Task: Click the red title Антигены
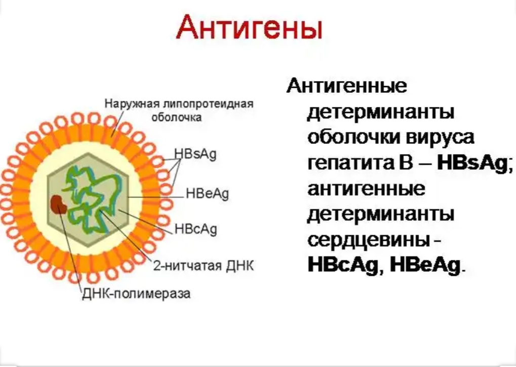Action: click(x=249, y=28)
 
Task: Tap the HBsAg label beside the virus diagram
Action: click(x=195, y=154)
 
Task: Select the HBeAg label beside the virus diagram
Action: click(x=207, y=193)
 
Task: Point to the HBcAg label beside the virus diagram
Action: click(x=196, y=229)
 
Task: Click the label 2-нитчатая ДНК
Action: click(x=204, y=266)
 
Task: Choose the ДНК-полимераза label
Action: click(x=136, y=293)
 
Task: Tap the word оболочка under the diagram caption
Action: click(x=176, y=117)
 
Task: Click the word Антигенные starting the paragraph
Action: click(x=347, y=86)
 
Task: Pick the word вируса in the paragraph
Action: click(x=440, y=137)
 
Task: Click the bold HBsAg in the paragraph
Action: click(x=475, y=163)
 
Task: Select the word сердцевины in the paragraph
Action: click(x=369, y=240)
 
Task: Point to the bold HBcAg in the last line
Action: click(x=343, y=265)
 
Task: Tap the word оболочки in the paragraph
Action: click(x=354, y=137)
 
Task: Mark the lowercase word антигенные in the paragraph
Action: click(x=366, y=189)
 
